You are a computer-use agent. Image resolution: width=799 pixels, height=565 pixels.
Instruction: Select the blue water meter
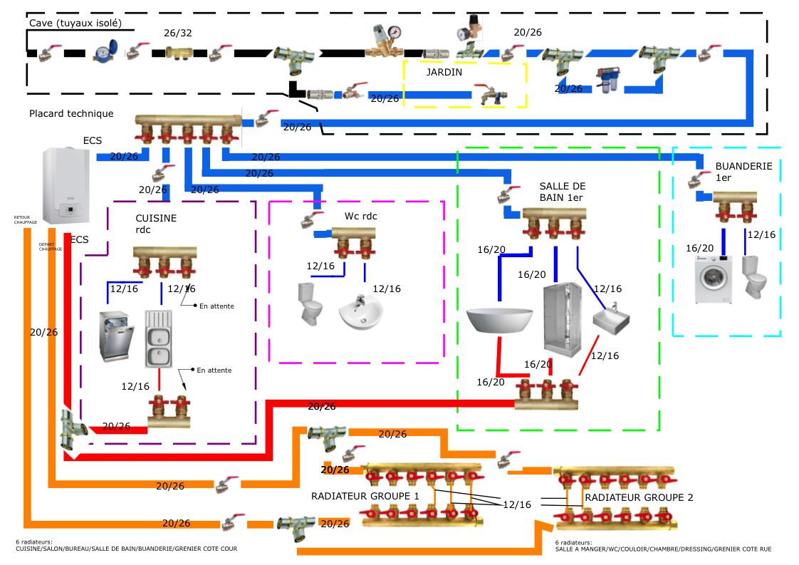click(x=105, y=51)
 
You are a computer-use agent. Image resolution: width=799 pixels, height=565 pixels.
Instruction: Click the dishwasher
click(x=116, y=336)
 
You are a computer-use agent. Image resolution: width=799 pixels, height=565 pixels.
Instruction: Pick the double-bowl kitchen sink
click(x=159, y=338)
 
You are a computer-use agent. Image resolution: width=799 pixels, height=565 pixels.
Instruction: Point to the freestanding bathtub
click(x=499, y=318)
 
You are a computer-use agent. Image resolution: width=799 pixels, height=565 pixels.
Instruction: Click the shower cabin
click(x=561, y=320)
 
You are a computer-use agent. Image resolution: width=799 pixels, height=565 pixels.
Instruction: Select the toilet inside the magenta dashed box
click(x=310, y=304)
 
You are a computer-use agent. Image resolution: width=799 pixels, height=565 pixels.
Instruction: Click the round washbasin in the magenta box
click(x=361, y=313)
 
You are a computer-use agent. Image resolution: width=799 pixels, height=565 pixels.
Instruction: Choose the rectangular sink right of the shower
click(x=611, y=318)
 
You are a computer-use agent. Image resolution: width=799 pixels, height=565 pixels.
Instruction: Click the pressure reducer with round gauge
click(x=385, y=40)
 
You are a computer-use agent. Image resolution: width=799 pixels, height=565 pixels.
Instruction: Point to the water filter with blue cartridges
click(x=607, y=81)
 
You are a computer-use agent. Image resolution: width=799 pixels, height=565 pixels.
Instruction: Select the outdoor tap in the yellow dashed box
click(x=490, y=95)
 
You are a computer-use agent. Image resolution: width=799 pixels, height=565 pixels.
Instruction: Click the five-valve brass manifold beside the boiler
click(x=188, y=127)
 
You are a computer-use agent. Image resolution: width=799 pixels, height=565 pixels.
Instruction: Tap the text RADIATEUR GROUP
click(x=630, y=497)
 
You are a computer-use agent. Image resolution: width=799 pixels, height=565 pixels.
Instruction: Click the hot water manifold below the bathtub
click(x=546, y=394)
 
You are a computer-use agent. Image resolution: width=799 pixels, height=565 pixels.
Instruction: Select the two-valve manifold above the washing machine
click(x=734, y=208)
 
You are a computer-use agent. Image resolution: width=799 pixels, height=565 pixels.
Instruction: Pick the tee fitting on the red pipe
click(x=67, y=430)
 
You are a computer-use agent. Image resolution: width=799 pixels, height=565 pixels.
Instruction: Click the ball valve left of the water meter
click(x=51, y=53)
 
